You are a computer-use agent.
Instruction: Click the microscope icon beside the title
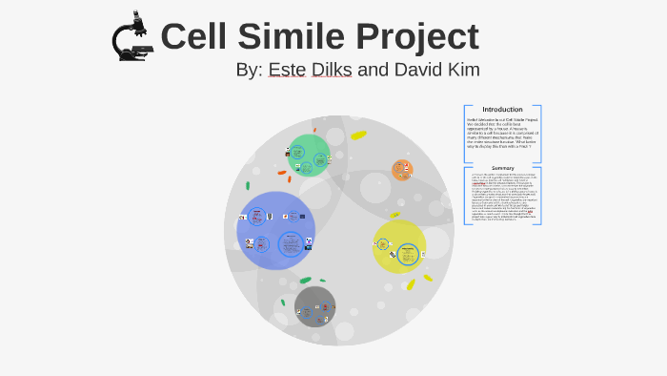tap(131, 36)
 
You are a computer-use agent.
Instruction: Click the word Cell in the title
tap(197, 36)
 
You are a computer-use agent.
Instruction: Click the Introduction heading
tap(502, 109)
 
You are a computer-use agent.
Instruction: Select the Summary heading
tap(502, 168)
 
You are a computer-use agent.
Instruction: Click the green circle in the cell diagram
tap(308, 155)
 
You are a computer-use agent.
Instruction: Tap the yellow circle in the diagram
tap(399, 246)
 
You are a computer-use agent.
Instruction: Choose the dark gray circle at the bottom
tap(314, 307)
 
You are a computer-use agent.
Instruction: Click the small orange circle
tap(403, 170)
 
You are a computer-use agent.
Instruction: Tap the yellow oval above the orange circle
tap(358, 136)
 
